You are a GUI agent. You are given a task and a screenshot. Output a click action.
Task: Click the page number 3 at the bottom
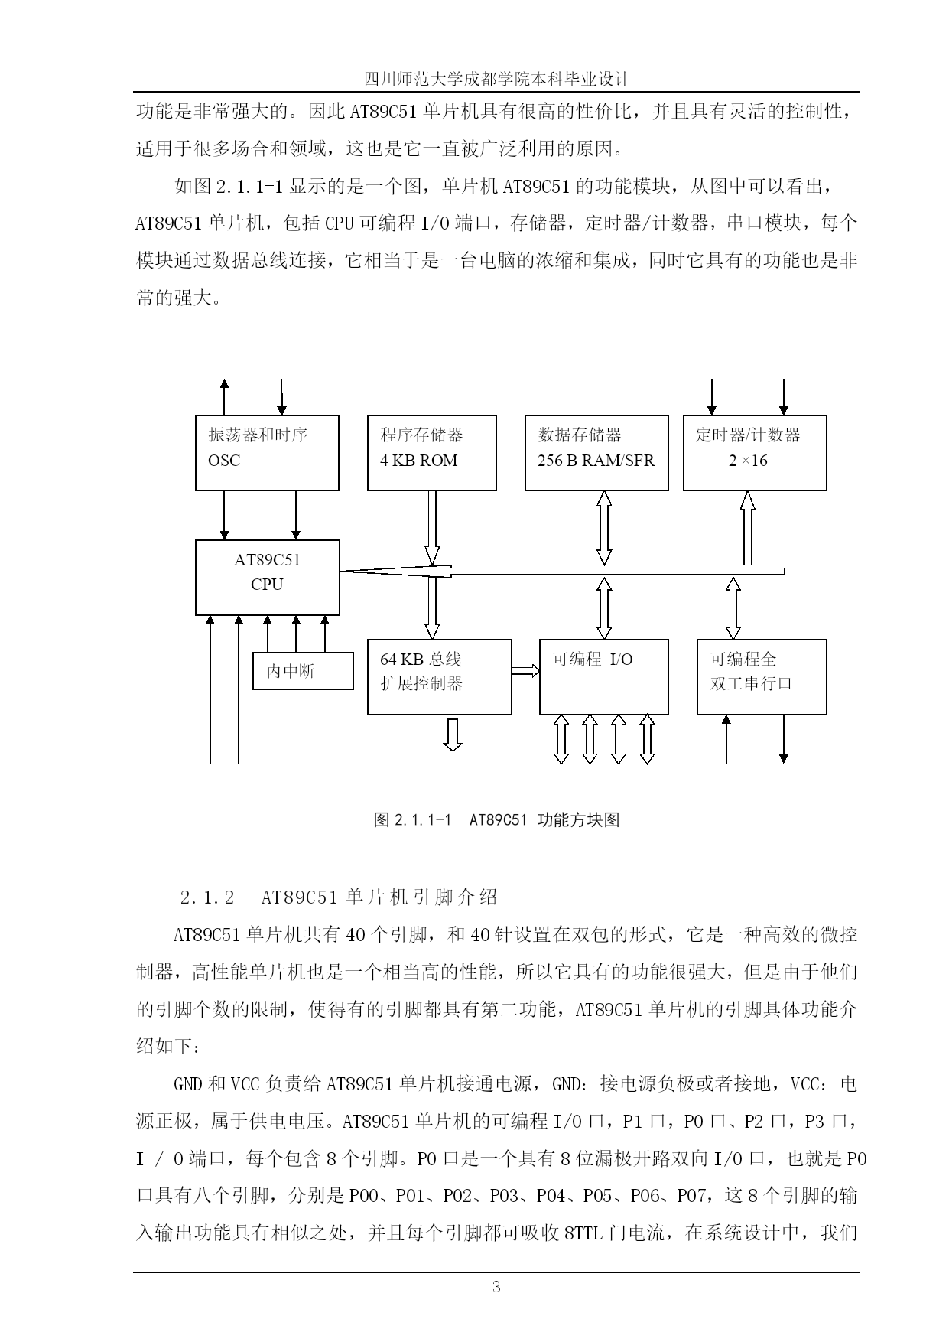(x=496, y=1287)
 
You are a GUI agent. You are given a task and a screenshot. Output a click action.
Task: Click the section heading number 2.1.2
(x=207, y=897)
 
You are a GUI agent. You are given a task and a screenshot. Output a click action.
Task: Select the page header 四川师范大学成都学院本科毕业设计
(x=496, y=80)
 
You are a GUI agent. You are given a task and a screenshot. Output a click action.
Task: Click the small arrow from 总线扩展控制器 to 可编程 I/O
(x=525, y=671)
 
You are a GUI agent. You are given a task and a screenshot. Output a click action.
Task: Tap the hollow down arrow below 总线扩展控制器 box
(x=453, y=735)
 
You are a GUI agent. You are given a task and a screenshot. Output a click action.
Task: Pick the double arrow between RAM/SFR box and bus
(x=604, y=528)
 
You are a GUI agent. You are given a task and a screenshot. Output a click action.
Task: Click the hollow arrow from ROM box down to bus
(x=432, y=528)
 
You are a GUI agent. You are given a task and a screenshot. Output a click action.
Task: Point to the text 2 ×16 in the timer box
(x=748, y=461)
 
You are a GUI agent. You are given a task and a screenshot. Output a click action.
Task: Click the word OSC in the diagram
(x=224, y=461)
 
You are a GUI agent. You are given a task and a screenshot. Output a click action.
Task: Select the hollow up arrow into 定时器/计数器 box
(x=748, y=528)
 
